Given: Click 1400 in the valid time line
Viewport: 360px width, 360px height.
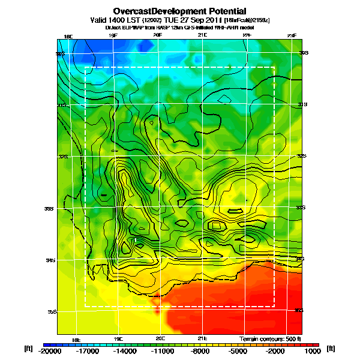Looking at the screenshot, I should click(122, 20).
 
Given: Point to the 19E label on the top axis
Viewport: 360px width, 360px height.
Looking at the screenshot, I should click(113, 36).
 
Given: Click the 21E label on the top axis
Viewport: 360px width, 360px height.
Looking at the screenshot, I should click(202, 36).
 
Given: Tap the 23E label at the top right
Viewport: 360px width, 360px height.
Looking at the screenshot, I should click(292, 36).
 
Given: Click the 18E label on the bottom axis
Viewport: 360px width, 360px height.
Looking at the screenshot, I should click(76, 339).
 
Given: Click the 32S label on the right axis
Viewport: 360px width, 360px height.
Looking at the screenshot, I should click(301, 156).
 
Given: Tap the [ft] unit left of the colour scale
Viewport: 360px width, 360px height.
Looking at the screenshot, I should click(28, 349).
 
